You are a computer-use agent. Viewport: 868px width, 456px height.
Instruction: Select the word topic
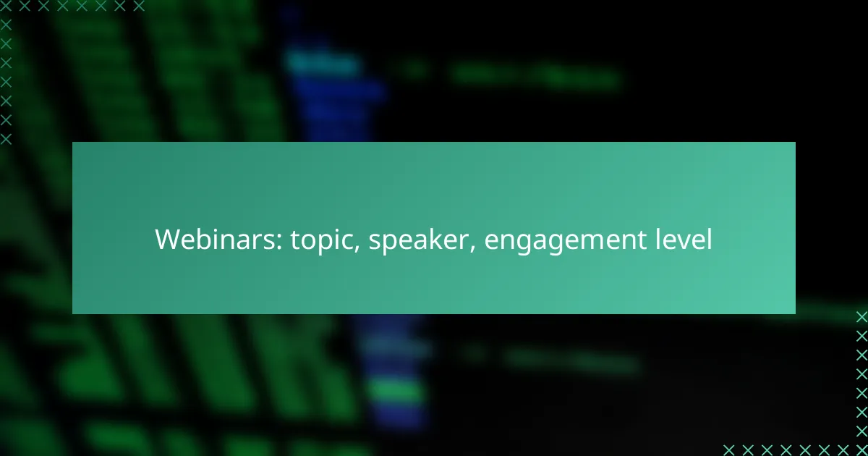pos(323,240)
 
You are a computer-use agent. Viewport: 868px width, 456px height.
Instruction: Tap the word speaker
pos(419,240)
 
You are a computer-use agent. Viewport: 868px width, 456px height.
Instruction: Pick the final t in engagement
pos(642,240)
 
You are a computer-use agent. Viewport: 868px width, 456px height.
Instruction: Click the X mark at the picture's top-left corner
pos(6,6)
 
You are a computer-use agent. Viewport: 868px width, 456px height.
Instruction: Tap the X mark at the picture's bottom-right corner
pos(861,450)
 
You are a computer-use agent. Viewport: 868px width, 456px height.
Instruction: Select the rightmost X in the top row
pos(139,6)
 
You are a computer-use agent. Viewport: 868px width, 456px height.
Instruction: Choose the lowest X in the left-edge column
pos(6,139)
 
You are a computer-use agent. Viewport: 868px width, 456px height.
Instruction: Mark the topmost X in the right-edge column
pos(861,317)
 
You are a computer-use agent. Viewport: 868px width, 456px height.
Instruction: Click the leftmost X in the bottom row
pos(729,450)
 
